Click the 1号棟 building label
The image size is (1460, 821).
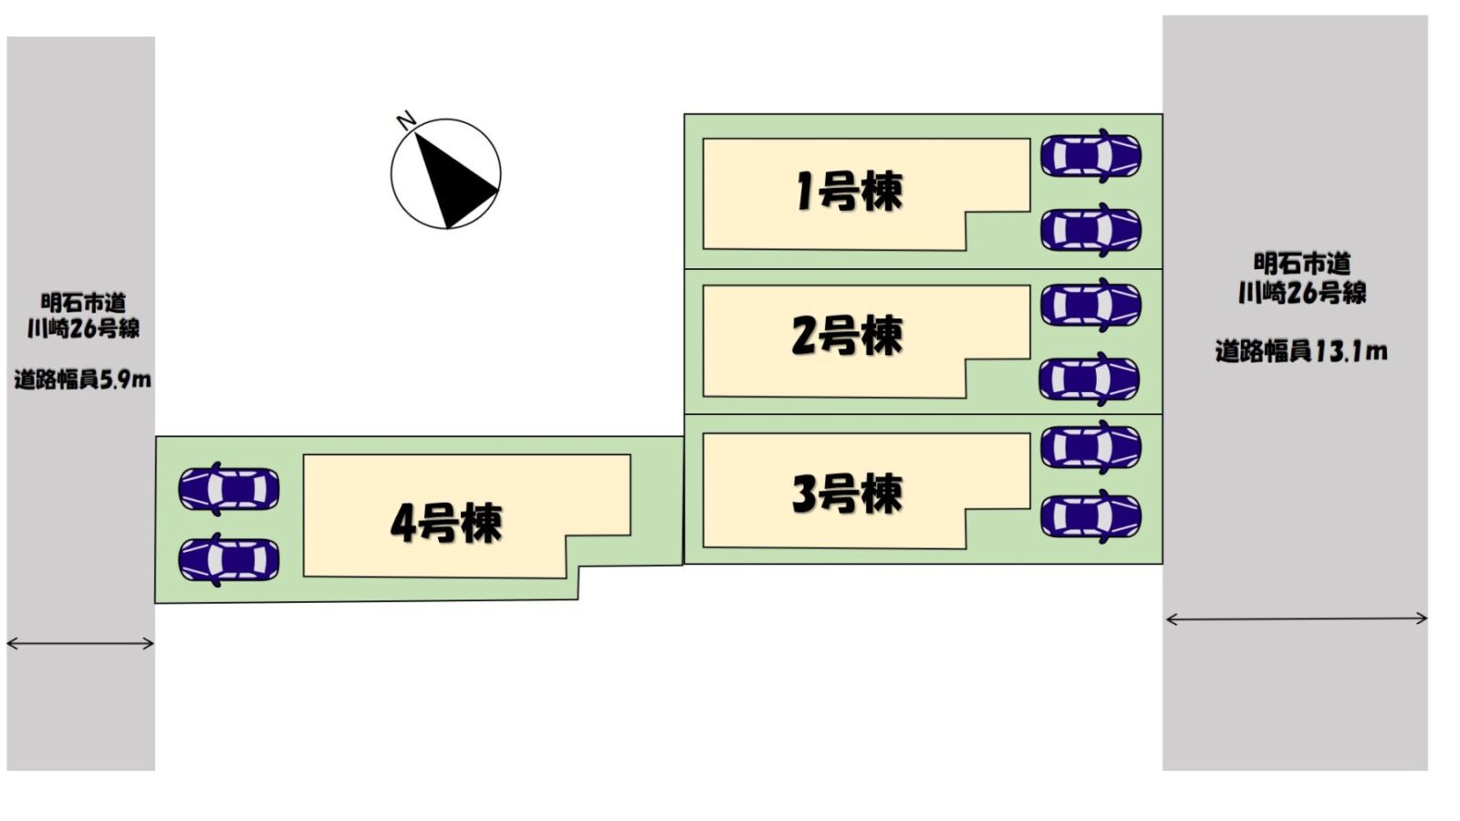click(849, 192)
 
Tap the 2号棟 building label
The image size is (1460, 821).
click(847, 335)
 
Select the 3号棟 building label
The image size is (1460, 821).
click(847, 494)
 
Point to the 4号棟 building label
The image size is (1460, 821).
click(446, 523)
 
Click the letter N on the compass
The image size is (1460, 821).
click(406, 120)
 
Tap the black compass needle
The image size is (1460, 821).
click(453, 179)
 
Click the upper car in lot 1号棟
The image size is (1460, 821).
click(1090, 155)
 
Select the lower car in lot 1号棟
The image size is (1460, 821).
click(1090, 229)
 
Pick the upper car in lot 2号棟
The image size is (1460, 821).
click(1090, 305)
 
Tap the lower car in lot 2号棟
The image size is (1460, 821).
click(1090, 379)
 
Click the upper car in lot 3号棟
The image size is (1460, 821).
click(1090, 447)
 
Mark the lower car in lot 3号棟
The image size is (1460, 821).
click(1090, 516)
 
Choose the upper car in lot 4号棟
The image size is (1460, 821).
click(229, 488)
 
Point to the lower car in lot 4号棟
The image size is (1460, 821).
click(229, 559)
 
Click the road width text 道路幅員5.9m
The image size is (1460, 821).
click(82, 379)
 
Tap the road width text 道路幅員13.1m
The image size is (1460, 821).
click(1300, 350)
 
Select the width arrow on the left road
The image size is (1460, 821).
click(80, 643)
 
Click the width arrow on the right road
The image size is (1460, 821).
click(1297, 619)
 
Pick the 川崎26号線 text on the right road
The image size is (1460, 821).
click(1302, 293)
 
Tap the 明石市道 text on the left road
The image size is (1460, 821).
click(83, 302)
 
